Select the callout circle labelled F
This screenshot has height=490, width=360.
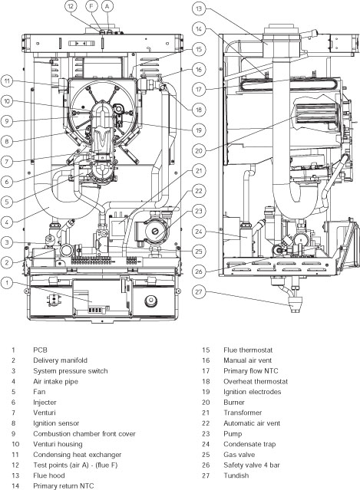tap(91, 6)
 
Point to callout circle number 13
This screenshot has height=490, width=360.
tap(198, 9)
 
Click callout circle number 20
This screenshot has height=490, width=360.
tap(198, 150)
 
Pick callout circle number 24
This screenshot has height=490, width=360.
tap(198, 230)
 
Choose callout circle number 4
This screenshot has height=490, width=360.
tap(7, 222)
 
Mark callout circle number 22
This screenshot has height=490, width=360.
tap(198, 191)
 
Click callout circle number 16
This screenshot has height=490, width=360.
tap(198, 69)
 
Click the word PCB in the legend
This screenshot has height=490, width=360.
tap(40, 350)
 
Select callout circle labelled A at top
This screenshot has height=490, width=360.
tap(107, 6)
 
